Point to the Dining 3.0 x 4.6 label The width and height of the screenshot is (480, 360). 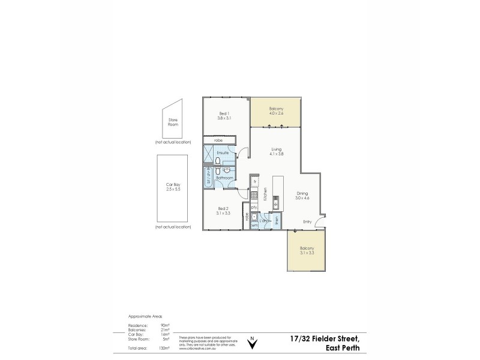pos(302,196)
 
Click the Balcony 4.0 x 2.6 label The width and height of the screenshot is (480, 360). pos(276,110)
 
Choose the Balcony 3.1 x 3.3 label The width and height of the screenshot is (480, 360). pos(307,250)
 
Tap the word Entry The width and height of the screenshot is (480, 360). pos(307,221)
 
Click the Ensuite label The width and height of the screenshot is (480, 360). pos(223,153)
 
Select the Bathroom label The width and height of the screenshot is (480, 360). pos(224,178)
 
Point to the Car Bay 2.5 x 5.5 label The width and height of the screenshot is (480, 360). pos(173,187)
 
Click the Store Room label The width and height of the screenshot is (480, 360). pos(173,122)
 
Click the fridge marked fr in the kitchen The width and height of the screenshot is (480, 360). pos(254,181)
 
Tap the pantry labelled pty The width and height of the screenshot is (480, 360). pos(254,208)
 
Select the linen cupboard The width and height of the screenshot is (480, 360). pos(277,221)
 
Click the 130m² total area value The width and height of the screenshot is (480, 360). pos(164,348)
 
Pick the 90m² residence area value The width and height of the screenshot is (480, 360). pos(165,325)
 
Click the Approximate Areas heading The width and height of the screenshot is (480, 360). pos(145,316)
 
